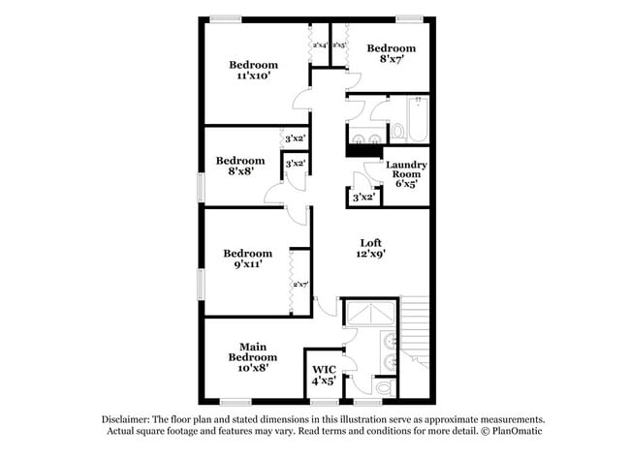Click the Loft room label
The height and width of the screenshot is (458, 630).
pos(370,243)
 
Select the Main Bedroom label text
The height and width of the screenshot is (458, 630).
pos(253,351)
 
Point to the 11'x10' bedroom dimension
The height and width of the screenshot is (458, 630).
pos(253,76)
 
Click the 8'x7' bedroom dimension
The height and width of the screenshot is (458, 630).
pos(391,59)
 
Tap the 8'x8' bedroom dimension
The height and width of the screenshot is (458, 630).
pos(239,172)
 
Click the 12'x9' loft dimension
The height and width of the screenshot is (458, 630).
pos(369,255)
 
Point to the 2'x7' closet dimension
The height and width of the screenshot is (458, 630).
pos(300,284)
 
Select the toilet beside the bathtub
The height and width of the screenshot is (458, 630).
pos(396,129)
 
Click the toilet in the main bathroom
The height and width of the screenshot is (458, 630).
pos(384,387)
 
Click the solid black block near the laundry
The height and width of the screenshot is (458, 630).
pos(364,150)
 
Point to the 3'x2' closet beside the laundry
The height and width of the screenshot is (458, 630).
pos(363,197)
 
